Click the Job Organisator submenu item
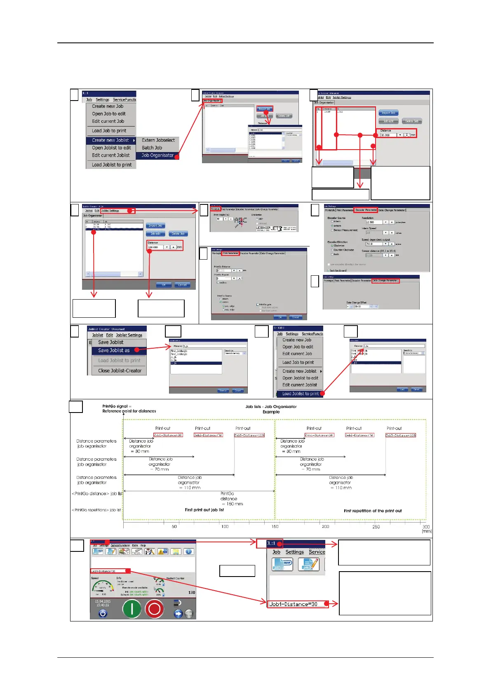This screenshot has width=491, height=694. (157, 155)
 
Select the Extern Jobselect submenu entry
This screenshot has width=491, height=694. (158, 140)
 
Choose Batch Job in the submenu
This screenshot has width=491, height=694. (152, 148)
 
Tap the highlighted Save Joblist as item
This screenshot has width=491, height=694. (114, 350)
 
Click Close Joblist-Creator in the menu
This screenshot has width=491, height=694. (120, 370)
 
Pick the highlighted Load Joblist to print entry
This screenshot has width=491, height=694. (300, 394)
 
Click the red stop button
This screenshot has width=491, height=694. (155, 609)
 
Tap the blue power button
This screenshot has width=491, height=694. (103, 613)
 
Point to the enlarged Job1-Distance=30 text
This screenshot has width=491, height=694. (294, 604)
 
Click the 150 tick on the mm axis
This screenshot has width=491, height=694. (275, 526)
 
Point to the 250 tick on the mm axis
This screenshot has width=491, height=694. (376, 526)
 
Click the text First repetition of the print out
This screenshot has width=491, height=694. (373, 511)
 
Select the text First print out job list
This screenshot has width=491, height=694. (204, 510)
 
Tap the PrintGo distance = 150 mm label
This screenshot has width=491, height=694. (229, 499)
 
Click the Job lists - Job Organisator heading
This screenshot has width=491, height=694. (271, 407)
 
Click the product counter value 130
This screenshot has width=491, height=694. (192, 593)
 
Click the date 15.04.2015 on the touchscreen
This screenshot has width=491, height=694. (103, 601)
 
